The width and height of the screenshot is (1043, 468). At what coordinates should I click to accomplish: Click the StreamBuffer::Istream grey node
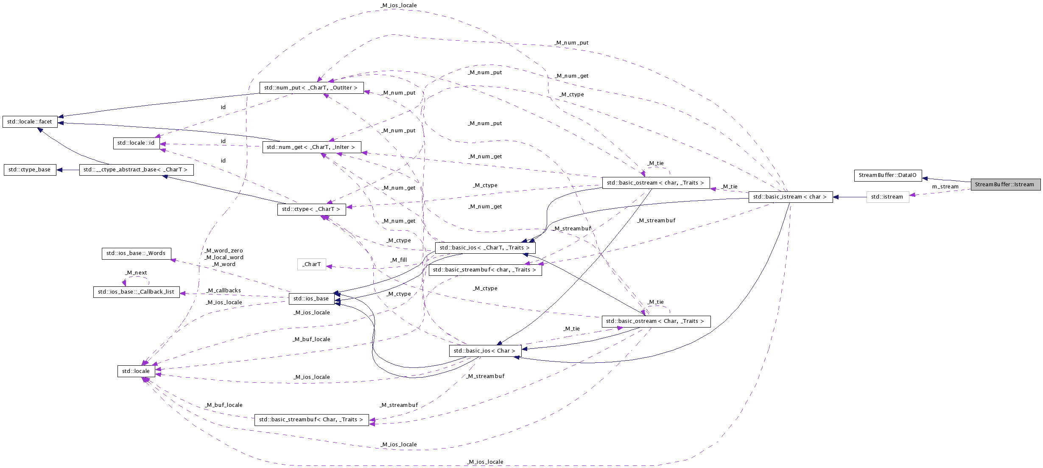pos(1005,185)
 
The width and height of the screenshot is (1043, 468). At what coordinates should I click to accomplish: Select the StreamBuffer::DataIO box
pos(887,175)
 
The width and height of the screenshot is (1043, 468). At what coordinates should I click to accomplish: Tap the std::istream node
pos(887,197)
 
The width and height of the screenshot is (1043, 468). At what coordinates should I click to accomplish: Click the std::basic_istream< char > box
pos(790,197)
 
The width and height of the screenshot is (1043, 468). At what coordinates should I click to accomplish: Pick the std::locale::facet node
pos(30,122)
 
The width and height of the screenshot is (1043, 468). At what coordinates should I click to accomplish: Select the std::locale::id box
pos(136,143)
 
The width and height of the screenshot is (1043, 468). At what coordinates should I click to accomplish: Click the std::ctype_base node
pos(30,170)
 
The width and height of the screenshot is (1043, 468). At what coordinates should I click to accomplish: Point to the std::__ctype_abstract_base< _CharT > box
pos(136,170)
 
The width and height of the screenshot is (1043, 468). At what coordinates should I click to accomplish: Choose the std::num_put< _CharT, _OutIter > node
pos(311,88)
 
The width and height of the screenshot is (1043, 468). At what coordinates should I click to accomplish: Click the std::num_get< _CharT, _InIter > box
pos(311,147)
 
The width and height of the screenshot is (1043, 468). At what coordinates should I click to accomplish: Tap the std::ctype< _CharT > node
pos(311,209)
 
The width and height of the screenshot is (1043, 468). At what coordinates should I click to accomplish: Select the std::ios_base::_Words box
pos(136,253)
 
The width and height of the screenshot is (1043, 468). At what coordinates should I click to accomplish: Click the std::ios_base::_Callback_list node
pos(136,292)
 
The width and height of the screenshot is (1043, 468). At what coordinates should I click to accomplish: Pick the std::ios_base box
pos(311,299)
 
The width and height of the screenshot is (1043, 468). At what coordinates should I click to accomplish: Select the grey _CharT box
pos(311,264)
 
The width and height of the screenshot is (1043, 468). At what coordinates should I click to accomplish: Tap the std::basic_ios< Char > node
pos(485,351)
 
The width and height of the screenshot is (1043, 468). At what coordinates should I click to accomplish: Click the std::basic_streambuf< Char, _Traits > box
pos(311,420)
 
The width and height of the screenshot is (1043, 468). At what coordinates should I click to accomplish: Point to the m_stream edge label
pos(945,187)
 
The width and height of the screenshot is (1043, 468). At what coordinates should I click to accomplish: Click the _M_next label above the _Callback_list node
pos(137,273)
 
